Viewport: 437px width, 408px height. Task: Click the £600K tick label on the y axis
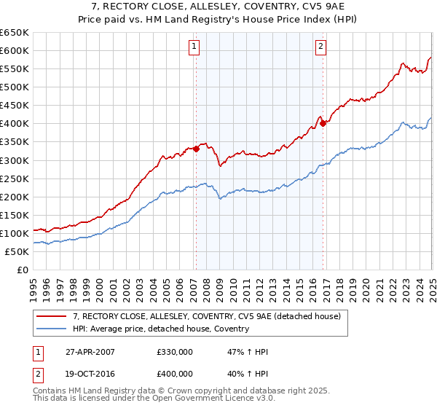click(15, 50)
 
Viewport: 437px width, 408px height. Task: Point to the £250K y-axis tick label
click(15, 178)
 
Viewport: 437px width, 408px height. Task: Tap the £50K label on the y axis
click(17, 251)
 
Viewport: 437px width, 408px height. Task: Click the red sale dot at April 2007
click(196, 149)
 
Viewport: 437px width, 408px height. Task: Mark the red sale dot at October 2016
click(323, 123)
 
